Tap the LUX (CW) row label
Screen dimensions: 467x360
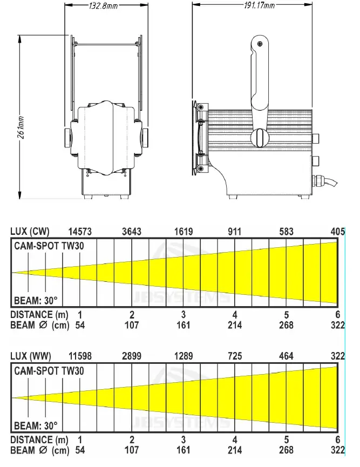[x=30, y=232]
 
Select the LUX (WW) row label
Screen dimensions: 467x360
[x=31, y=357]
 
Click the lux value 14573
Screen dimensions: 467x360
[x=80, y=232]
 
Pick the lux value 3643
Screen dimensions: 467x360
[x=132, y=232]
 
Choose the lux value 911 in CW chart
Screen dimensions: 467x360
[x=235, y=232]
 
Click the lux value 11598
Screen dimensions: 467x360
[x=80, y=357]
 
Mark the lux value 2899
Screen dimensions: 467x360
[x=132, y=357]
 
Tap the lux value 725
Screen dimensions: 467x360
[x=235, y=357]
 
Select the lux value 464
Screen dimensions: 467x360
[x=286, y=357]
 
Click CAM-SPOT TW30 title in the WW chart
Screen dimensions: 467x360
[x=49, y=371]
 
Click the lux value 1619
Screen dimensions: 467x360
[x=184, y=232]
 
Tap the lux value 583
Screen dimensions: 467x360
[x=286, y=232]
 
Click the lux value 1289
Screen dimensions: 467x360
[x=184, y=357]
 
